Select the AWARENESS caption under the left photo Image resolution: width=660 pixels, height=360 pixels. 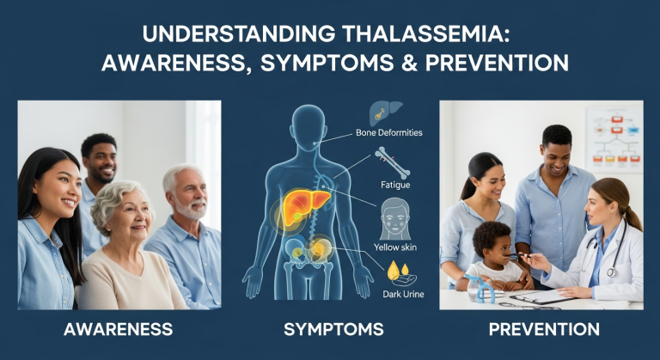tap(119, 329)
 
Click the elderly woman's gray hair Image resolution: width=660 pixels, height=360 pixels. tap(119, 197)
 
